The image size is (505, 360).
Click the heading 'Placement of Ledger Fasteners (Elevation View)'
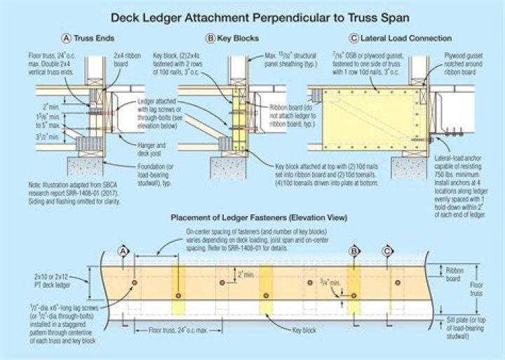point(252,218)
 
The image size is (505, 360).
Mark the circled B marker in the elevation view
point(355,251)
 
